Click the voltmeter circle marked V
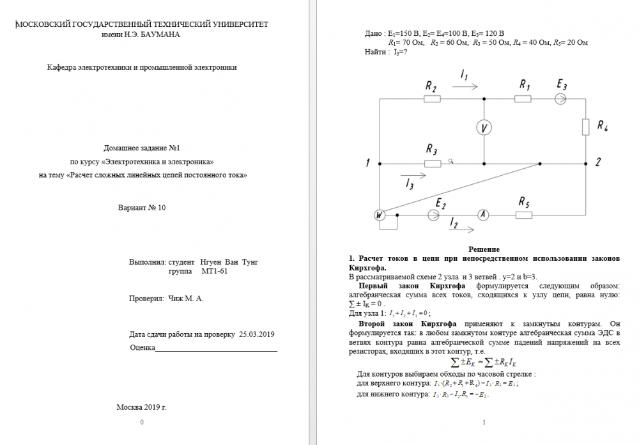click(484, 129)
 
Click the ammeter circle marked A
click(484, 215)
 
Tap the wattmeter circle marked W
click(380, 215)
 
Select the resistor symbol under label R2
click(431, 99)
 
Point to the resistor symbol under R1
click(523, 99)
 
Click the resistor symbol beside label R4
click(585, 127)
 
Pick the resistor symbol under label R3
click(433, 164)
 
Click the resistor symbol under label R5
click(523, 215)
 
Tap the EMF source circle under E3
click(560, 99)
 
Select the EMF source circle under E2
click(434, 215)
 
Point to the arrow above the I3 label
click(412, 173)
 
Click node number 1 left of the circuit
click(368, 163)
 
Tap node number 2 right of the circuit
click(597, 162)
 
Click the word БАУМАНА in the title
click(158, 35)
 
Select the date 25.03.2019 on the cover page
click(256, 334)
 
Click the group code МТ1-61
click(214, 271)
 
